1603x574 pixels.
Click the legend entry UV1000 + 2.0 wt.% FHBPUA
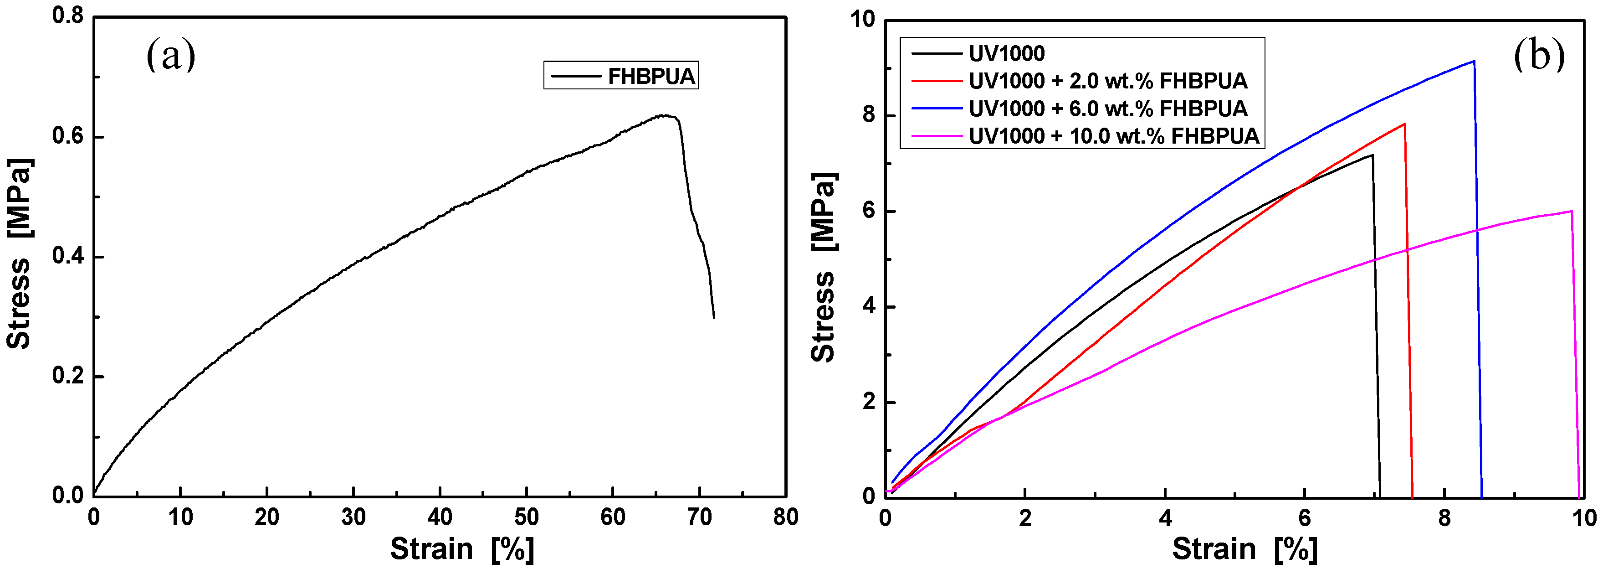[1108, 81]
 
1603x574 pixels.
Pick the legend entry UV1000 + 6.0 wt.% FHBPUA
[1108, 109]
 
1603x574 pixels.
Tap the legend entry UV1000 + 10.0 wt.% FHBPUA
[1113, 136]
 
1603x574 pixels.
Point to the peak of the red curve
[1404, 124]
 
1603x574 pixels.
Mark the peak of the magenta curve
[1571, 211]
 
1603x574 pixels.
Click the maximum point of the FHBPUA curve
[665, 115]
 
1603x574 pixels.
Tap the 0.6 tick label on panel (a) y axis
[68, 136]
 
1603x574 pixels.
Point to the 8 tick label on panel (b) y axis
[868, 116]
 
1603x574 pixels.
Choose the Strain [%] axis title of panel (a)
[462, 549]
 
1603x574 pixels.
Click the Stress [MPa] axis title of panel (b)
[824, 268]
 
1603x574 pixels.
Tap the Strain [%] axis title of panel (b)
[1245, 549]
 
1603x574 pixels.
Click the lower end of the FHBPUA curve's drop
[714, 317]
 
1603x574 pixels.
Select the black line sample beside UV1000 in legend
[937, 53]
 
